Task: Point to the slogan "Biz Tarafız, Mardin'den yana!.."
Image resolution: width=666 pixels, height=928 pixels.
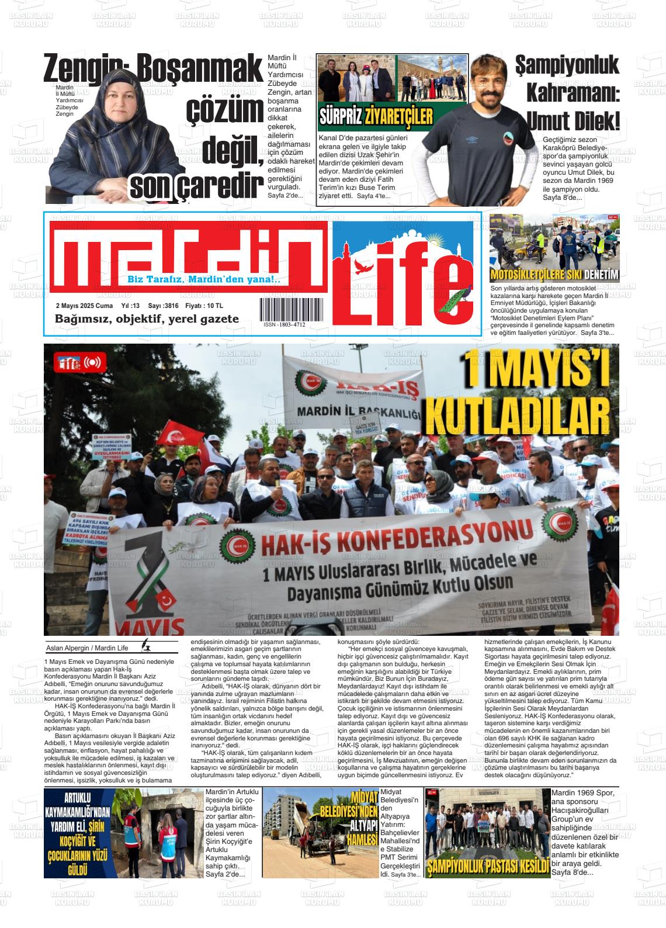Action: [204, 280]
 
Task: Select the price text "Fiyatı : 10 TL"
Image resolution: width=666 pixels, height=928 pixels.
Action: [204, 306]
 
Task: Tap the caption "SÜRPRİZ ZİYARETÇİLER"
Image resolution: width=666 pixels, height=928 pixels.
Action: [376, 117]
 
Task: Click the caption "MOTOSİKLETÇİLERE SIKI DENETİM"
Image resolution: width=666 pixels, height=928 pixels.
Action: [554, 276]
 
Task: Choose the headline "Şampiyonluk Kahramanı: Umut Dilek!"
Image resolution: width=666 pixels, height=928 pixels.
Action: [567, 94]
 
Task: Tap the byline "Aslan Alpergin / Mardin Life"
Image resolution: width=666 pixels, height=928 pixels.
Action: [87, 647]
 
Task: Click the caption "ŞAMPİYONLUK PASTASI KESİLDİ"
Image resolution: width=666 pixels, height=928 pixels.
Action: [488, 865]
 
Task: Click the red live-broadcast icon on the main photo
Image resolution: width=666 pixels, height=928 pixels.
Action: [92, 363]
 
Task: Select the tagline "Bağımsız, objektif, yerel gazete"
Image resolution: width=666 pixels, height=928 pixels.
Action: [147, 319]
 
